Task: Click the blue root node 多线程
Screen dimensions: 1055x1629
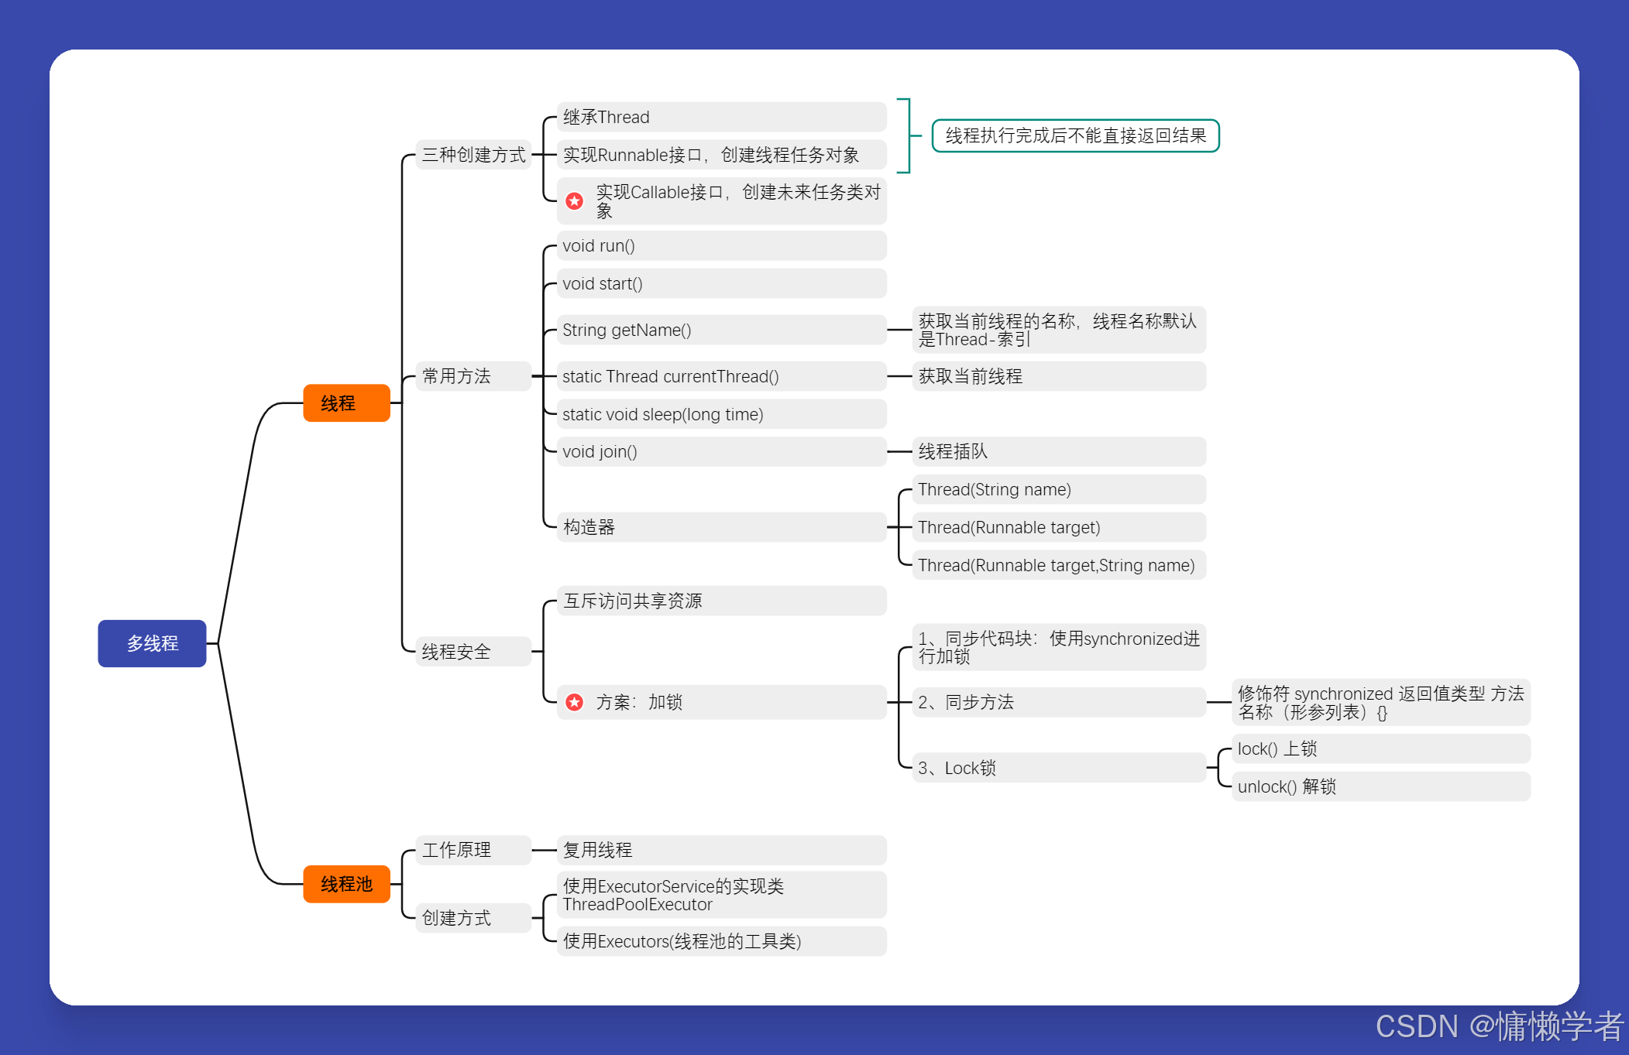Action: click(x=152, y=643)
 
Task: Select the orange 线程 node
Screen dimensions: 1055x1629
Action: click(x=346, y=403)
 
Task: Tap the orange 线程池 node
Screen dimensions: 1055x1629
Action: click(x=346, y=884)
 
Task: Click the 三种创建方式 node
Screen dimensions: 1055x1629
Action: click(x=473, y=155)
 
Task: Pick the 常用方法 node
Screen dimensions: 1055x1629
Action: click(x=473, y=376)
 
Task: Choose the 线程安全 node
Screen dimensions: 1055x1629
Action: click(x=473, y=652)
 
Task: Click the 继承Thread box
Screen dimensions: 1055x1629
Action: click(x=720, y=117)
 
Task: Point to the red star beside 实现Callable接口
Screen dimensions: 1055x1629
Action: click(x=574, y=201)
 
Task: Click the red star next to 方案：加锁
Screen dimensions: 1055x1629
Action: click(x=574, y=702)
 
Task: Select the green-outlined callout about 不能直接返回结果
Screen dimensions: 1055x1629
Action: click(x=1075, y=136)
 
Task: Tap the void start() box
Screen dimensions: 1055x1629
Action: click(x=720, y=284)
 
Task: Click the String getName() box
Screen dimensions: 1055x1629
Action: click(x=720, y=331)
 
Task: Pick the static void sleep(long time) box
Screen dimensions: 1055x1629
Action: click(x=720, y=415)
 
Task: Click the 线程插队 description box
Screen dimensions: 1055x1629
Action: click(x=1058, y=451)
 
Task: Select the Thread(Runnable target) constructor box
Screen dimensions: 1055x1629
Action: click(x=1058, y=527)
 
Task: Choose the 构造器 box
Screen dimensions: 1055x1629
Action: click(x=720, y=527)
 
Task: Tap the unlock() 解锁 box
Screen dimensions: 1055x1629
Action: click(x=1380, y=786)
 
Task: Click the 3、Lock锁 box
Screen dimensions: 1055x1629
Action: click(x=1058, y=768)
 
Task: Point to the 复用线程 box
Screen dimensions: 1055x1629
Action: click(x=720, y=850)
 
